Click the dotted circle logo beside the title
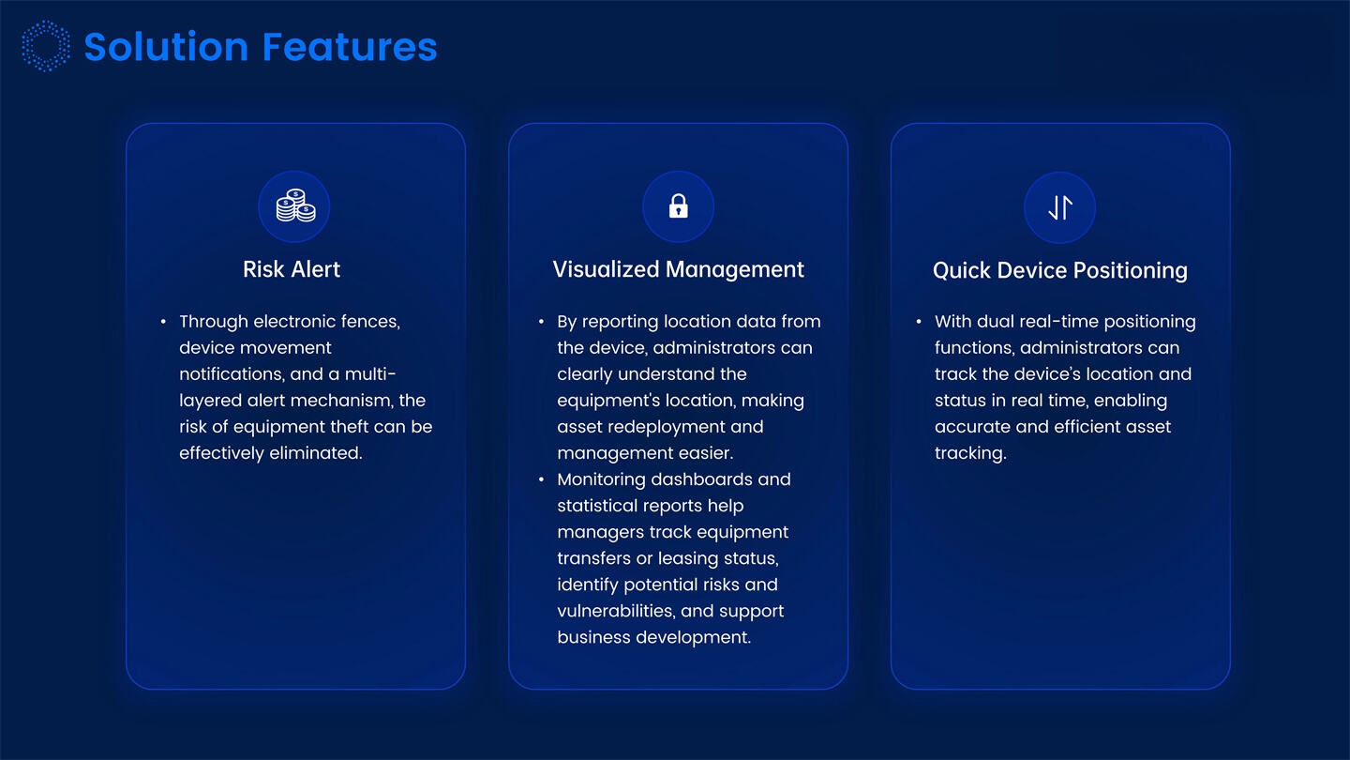click(46, 46)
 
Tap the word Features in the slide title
click(350, 47)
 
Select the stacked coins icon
click(295, 207)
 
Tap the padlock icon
click(678, 207)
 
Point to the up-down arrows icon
click(1059, 207)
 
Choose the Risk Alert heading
click(292, 269)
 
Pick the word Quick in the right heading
click(961, 271)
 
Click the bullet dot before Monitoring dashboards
click(541, 479)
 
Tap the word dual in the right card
click(996, 322)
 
